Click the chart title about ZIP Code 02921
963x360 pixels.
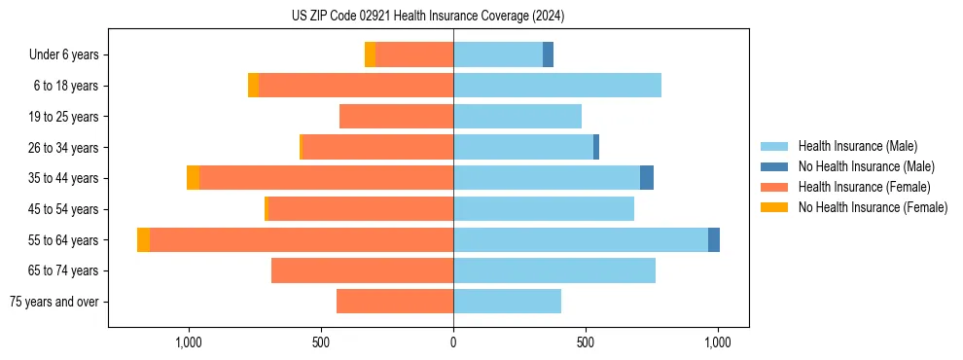(x=428, y=16)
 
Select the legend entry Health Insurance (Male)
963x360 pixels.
(x=857, y=146)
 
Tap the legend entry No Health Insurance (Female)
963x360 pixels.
(x=873, y=207)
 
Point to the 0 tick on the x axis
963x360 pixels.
(x=453, y=342)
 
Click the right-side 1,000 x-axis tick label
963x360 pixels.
(x=718, y=342)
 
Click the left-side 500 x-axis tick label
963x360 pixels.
(x=321, y=342)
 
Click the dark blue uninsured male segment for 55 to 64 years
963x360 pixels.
(x=714, y=239)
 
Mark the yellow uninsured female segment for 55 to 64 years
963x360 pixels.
(x=143, y=239)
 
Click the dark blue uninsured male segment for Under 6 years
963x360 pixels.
(x=548, y=54)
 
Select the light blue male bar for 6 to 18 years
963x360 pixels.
(x=557, y=86)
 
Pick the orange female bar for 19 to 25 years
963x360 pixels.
(x=396, y=117)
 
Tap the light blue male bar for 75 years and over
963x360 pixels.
(x=507, y=302)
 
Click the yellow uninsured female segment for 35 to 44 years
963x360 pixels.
(x=193, y=178)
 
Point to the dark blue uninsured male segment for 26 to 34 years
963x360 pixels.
(x=596, y=147)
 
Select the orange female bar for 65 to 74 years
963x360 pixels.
(x=362, y=270)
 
